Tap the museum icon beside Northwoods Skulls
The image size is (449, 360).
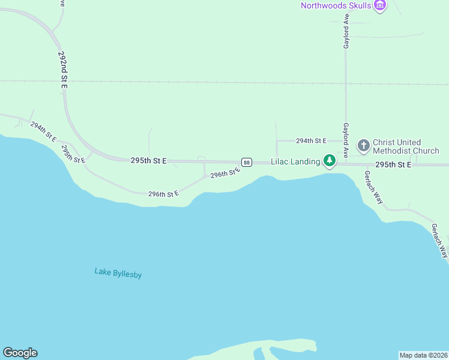379,6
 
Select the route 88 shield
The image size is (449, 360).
247,163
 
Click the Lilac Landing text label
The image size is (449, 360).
295,162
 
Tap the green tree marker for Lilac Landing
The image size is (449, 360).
330,161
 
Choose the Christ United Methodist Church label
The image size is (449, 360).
406,146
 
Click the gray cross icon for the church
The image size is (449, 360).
363,145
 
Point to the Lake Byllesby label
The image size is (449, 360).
118,273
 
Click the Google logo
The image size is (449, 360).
20,353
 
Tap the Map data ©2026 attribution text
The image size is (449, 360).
423,355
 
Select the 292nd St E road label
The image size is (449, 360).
63,70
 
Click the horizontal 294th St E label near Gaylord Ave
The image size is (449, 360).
311,140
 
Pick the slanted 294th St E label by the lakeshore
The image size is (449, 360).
43,132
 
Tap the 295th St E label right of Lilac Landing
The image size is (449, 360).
393,164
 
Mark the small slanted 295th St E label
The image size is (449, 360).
74,153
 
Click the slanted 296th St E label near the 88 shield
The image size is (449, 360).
225,172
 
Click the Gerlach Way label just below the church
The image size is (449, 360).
373,187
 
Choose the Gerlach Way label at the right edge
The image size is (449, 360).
439,240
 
